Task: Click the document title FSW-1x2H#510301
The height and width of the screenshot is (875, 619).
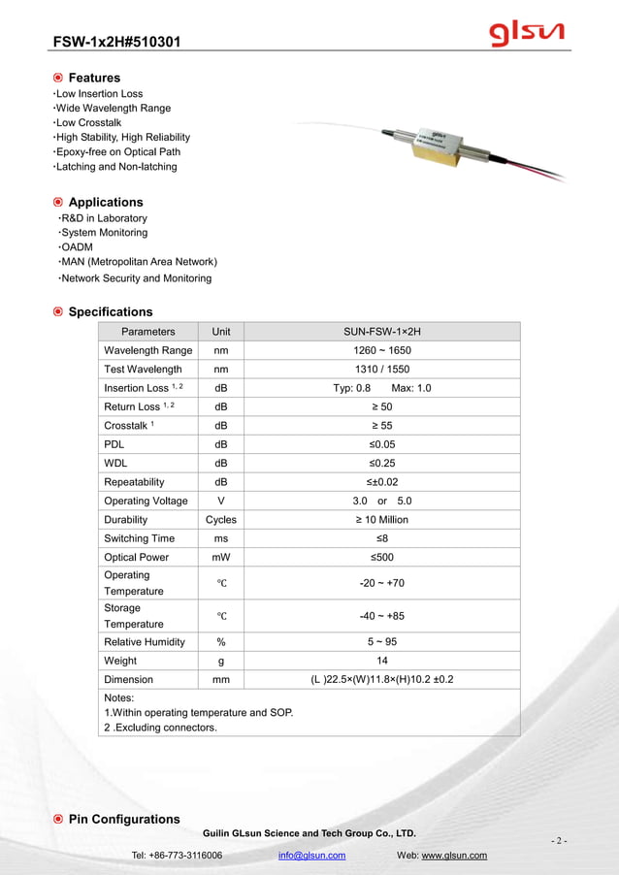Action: coord(115,42)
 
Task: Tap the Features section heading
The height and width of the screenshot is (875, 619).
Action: coord(94,78)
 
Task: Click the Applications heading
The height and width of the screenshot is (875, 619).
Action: coord(105,202)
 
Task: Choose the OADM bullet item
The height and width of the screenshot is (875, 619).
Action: coord(77,247)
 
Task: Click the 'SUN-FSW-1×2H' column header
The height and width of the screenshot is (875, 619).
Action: coord(382,332)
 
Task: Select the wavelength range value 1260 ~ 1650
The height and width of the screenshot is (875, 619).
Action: coord(382,350)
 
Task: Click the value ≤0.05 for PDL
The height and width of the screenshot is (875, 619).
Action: coord(382,444)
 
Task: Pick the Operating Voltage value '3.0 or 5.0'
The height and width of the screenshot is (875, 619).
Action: coord(382,501)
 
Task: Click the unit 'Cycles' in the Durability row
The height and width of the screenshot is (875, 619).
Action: coord(221,520)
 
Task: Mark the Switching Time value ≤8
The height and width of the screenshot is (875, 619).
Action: coord(382,538)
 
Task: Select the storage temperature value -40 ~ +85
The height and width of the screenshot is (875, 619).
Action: coord(382,616)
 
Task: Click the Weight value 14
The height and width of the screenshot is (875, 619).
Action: coord(382,661)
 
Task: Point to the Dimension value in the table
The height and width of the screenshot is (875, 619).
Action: coord(382,680)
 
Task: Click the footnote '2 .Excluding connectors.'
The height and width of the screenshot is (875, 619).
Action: coord(160,728)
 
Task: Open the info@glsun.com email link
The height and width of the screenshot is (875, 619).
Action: coord(311,856)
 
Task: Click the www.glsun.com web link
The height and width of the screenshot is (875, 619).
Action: coord(454,856)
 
